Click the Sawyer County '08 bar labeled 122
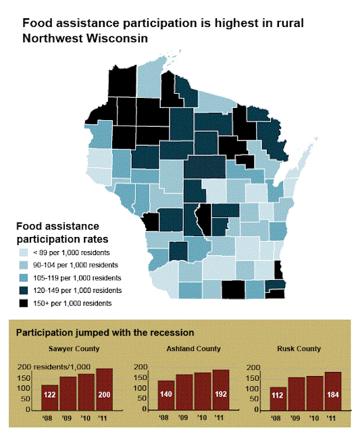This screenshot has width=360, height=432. pos(50,398)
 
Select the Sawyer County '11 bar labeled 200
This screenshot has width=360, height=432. pos(105,389)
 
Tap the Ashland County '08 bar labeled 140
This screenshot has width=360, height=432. pos(166,396)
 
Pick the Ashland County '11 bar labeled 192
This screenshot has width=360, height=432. pos(221,390)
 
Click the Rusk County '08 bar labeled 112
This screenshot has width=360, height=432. pos(278,399)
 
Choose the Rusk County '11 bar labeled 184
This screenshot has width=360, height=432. pos(333,391)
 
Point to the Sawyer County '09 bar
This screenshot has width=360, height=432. pos(68,394)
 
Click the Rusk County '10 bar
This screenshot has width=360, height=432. pos(315,393)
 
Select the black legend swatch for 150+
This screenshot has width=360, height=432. pos(24,303)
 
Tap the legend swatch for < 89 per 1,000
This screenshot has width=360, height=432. pos(24,252)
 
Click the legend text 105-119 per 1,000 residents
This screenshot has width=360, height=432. pos(77,277)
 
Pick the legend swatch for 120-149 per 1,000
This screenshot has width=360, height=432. pos(24,290)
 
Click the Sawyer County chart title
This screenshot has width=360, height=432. pos(74,348)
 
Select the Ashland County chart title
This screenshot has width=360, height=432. pos(193,348)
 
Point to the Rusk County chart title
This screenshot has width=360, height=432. pos(299,348)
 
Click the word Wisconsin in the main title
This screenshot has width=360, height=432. pos(117,38)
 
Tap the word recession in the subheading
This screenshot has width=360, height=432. pos(172,333)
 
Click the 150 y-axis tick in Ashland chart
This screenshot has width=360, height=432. pos(140,377)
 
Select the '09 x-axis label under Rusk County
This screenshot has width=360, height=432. pos(295,418)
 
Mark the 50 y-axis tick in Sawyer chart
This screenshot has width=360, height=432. pos(26,399)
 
